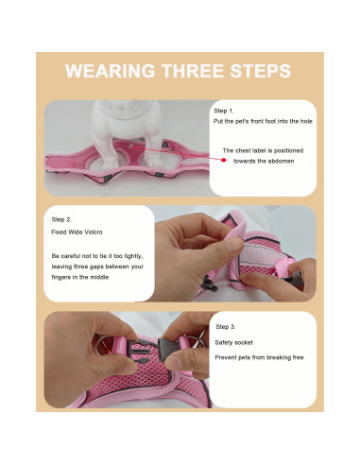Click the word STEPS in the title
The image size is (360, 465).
pyautogui.click(x=257, y=73)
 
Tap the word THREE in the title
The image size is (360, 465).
pyautogui.click(x=189, y=73)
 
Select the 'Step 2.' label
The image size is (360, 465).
pyautogui.click(x=62, y=217)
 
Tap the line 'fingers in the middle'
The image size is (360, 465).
pyautogui.click(x=79, y=278)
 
